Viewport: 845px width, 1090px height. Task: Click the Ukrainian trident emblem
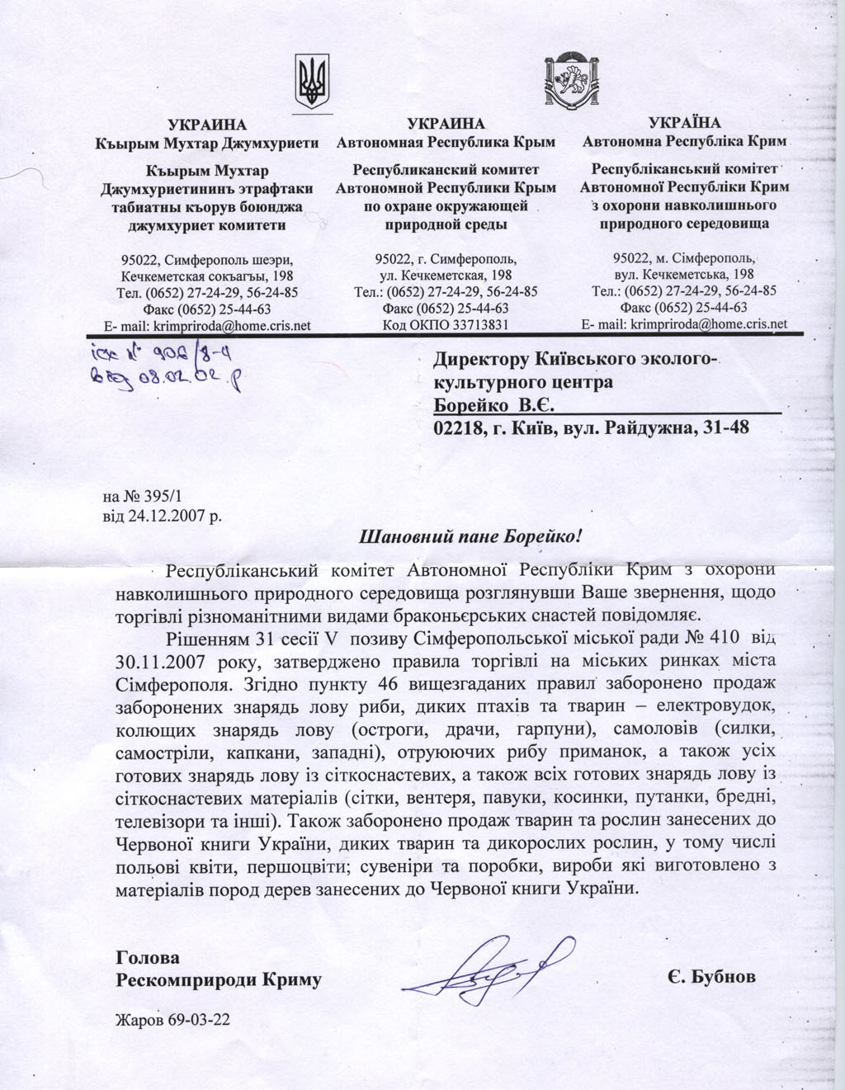click(314, 82)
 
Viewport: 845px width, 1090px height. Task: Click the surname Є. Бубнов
click(712, 977)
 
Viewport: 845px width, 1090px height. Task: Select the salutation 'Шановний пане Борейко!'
click(472, 536)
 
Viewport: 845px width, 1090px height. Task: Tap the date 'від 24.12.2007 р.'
click(162, 517)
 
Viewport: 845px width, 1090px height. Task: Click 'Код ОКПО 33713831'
click(446, 325)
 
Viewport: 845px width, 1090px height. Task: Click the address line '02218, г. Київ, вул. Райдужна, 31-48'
click(591, 427)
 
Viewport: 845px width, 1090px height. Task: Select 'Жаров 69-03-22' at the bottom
click(172, 1020)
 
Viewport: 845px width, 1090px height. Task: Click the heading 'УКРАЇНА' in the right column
click(684, 123)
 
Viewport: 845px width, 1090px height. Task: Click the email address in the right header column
click(708, 324)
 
